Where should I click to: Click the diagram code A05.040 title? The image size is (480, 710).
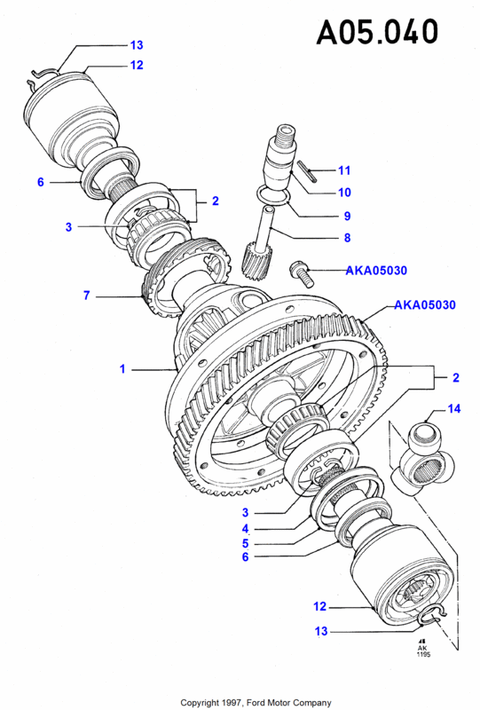(377, 32)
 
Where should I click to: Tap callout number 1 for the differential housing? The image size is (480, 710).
(122, 369)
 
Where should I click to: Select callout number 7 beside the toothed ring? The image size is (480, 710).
(86, 296)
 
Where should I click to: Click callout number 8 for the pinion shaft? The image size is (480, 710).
(347, 238)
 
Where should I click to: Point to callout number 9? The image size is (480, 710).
(347, 216)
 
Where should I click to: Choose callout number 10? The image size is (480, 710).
(344, 193)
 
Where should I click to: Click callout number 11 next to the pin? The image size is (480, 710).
(344, 170)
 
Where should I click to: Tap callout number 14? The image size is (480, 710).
(454, 409)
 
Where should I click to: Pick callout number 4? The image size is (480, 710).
(245, 528)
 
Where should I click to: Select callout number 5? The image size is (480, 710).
(245, 543)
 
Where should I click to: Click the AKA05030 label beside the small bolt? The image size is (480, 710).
(376, 271)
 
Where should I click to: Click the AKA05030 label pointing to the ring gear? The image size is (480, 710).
(425, 304)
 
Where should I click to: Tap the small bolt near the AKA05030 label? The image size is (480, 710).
(302, 273)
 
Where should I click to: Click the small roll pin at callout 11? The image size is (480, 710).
(308, 171)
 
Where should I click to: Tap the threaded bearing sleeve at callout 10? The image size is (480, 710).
(280, 156)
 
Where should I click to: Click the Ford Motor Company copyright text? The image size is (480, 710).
(256, 703)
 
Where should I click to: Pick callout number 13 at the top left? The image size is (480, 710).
(137, 45)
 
